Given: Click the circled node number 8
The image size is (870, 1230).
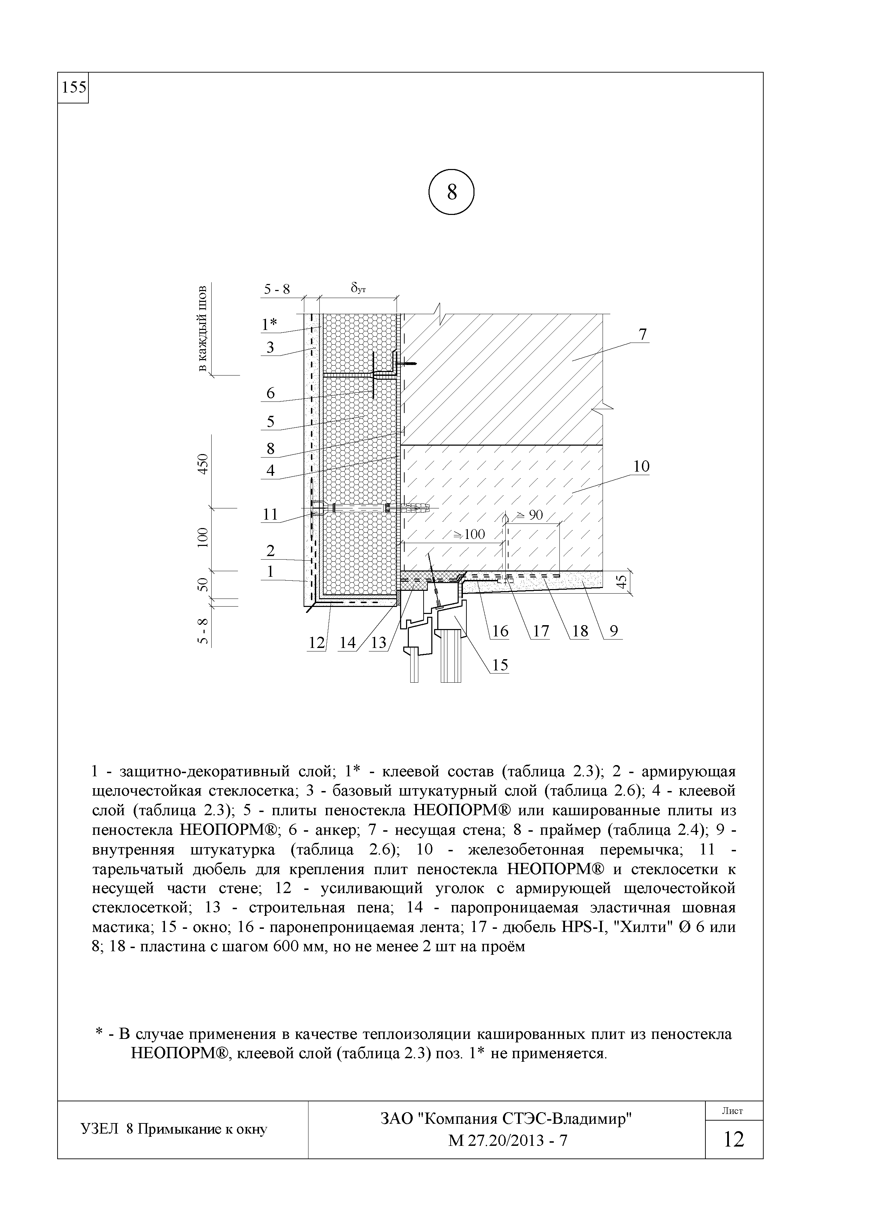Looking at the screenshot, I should pos(452,192).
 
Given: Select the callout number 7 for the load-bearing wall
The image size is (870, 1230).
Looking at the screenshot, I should pos(643,334).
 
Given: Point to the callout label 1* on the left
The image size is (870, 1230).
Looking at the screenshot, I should pos(269,324).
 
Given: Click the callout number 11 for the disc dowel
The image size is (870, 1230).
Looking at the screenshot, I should pos(271,514).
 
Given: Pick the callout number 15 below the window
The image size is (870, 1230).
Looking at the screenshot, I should pos(500,665).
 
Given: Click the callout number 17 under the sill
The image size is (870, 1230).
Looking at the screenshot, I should pos(541,631).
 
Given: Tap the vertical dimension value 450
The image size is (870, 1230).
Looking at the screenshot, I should pos(202,464).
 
